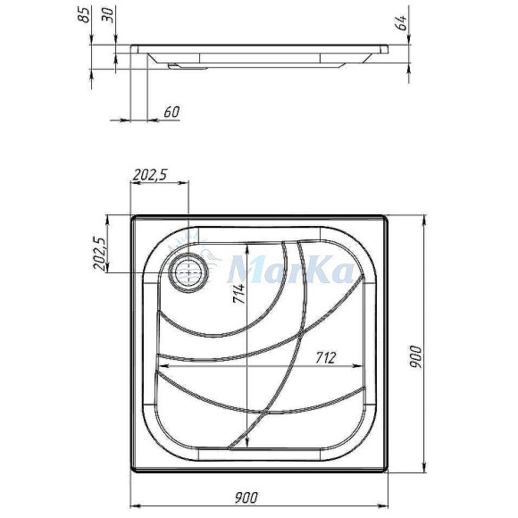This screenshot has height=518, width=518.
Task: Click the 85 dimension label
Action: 84,16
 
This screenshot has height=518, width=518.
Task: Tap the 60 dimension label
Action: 172,113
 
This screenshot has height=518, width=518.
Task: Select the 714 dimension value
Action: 240,295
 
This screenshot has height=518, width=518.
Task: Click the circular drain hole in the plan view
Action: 189,272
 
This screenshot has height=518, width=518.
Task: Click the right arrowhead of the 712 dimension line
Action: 362,366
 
